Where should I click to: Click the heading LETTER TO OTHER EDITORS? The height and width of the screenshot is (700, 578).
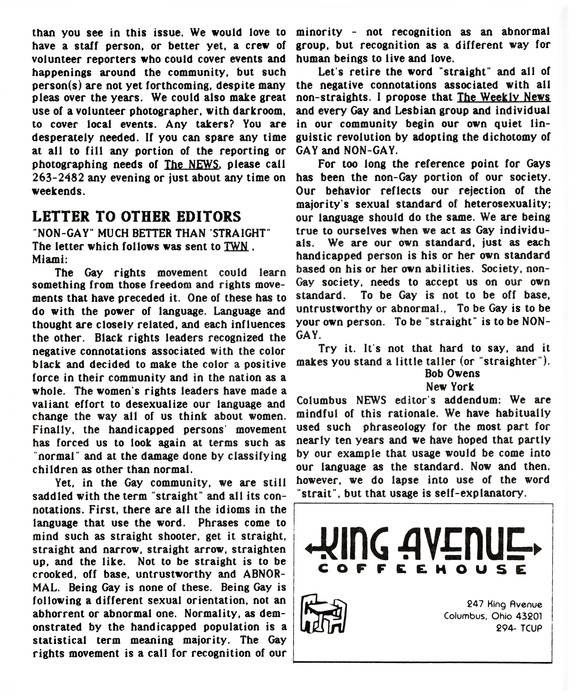pyautogui.click(x=136, y=217)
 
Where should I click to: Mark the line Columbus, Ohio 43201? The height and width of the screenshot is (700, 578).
pyautogui.click(x=493, y=616)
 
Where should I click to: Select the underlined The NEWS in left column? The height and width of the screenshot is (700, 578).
pyautogui.click(x=192, y=164)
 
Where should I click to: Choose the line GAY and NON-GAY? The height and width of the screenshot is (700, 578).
pyautogui.click(x=347, y=150)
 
